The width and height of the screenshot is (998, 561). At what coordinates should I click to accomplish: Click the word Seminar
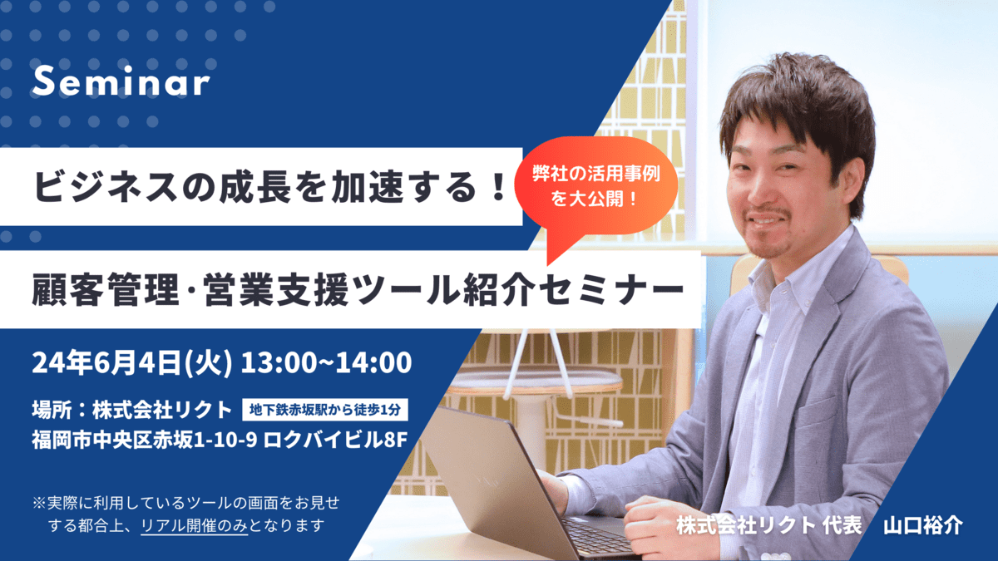(121, 81)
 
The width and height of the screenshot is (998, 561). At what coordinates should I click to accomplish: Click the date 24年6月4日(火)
(132, 363)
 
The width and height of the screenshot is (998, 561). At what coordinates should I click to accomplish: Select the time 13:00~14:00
(327, 363)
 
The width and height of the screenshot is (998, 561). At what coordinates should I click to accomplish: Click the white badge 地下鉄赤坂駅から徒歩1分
(325, 410)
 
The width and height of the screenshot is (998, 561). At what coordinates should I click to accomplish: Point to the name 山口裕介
(923, 526)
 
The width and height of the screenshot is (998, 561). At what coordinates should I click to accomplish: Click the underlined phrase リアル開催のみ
(195, 526)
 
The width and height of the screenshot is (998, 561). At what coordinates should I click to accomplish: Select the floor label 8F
(396, 440)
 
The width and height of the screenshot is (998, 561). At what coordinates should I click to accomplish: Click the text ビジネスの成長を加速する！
(270, 186)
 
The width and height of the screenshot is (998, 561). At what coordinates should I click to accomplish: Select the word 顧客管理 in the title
(106, 290)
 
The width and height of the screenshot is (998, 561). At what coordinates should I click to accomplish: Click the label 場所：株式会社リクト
(132, 410)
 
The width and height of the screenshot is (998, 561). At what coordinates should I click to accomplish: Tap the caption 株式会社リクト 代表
(769, 526)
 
